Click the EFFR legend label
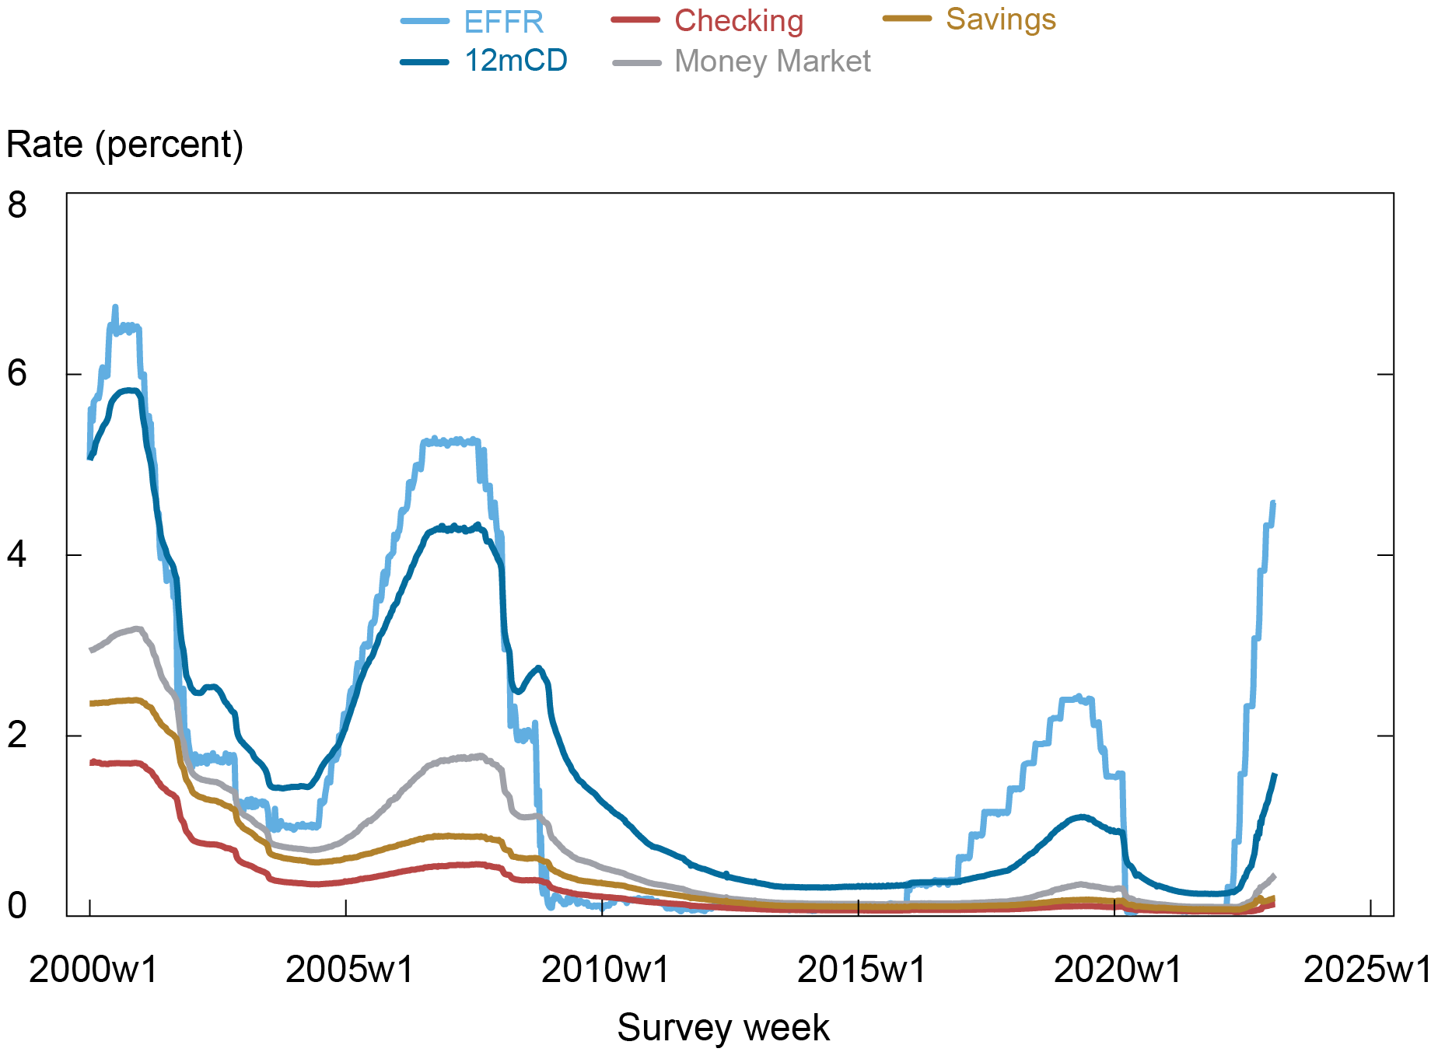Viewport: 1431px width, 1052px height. click(x=503, y=22)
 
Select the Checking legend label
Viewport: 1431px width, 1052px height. click(x=738, y=21)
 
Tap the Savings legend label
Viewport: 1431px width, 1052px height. click(x=1000, y=19)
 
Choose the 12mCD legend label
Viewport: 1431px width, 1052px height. click(x=516, y=61)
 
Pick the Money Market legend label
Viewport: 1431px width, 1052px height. click(x=771, y=61)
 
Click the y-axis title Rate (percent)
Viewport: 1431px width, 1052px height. click(x=125, y=145)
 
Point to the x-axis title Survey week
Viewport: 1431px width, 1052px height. click(x=722, y=1028)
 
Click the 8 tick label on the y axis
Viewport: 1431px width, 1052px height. click(x=17, y=205)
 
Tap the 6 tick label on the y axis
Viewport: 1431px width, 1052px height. click(x=17, y=374)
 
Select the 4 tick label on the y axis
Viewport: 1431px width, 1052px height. click(x=17, y=554)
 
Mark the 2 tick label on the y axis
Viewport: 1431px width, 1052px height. click(x=17, y=735)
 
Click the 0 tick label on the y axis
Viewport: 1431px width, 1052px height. click(x=17, y=906)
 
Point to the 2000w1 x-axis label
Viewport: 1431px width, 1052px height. click(x=93, y=970)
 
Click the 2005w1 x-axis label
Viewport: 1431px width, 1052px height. click(x=349, y=970)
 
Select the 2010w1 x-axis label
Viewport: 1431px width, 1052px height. click(x=605, y=970)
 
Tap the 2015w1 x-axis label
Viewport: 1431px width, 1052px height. click(x=861, y=970)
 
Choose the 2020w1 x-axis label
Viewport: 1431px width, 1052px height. click(x=1117, y=970)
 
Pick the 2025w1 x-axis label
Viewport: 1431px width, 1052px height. click(x=1366, y=970)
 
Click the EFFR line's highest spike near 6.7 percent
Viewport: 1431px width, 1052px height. click(x=115, y=307)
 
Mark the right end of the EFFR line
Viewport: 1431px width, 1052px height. click(x=1274, y=502)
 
